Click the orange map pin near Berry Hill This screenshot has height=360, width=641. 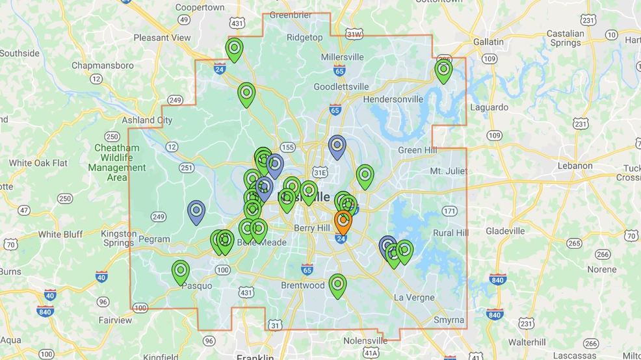coord(343,221)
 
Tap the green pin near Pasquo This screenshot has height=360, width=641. coord(180,271)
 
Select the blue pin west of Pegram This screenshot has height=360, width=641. coord(196,211)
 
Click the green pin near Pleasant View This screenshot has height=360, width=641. coord(234,48)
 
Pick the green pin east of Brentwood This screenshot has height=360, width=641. coord(337,284)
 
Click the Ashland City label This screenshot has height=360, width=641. coord(147,120)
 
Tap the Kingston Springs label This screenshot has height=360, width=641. coord(119,238)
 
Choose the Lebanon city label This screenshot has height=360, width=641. coord(575,166)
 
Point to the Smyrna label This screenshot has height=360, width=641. coord(449,320)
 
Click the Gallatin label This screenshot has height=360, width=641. coord(488,42)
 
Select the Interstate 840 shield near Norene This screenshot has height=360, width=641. coord(499,279)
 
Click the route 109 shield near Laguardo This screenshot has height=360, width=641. coord(495,135)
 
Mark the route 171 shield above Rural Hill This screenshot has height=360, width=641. coord(449,211)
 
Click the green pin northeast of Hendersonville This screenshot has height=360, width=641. coord(443,70)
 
